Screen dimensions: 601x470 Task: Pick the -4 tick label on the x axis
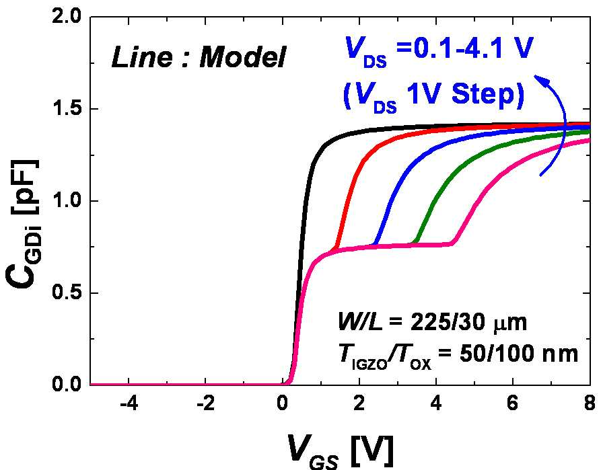(x=129, y=404)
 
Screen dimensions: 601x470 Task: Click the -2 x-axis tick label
(x=206, y=404)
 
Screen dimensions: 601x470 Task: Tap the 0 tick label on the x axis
(x=283, y=404)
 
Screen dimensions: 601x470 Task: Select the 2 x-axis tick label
(x=359, y=404)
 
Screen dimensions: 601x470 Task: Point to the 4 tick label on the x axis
(x=436, y=404)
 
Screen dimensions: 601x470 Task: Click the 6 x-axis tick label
(x=513, y=404)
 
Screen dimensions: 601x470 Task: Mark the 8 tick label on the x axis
(x=590, y=404)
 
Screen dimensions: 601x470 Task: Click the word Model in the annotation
(x=243, y=58)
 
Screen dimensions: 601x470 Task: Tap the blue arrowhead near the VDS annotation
(x=540, y=81)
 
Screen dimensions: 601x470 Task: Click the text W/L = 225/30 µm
(x=432, y=322)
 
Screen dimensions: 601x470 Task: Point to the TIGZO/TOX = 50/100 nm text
(x=458, y=355)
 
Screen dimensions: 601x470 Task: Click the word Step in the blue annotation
(x=487, y=95)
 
